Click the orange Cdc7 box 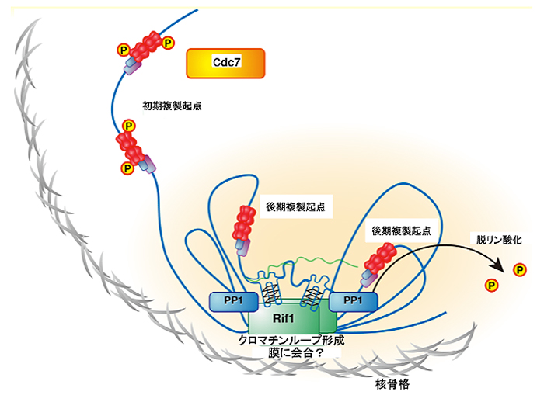pos(225,64)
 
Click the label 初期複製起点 pos(171,104)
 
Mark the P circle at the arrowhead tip pos(518,269)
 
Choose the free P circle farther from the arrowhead pos(491,285)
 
